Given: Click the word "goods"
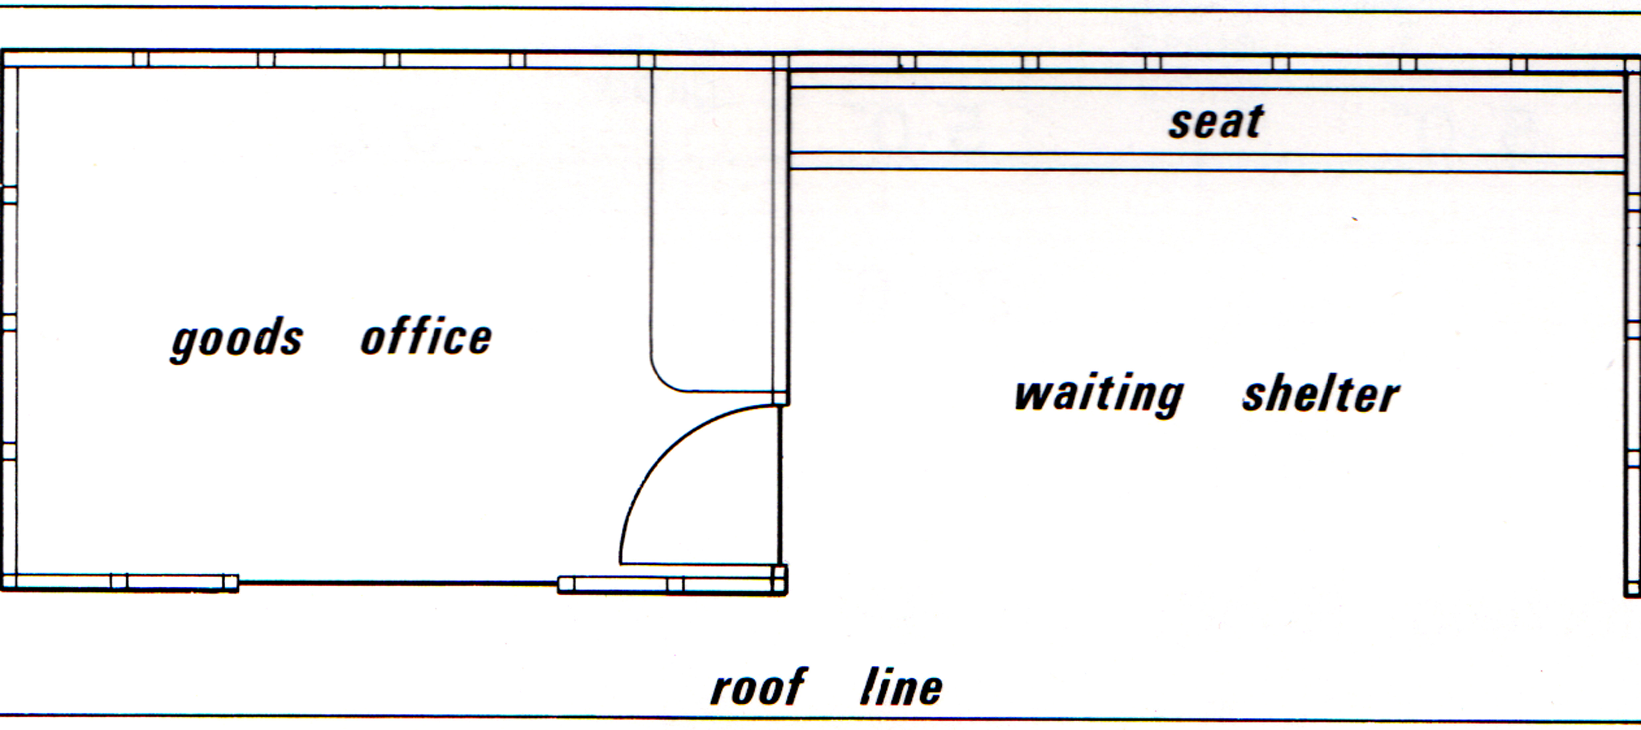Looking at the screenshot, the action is (x=237, y=340).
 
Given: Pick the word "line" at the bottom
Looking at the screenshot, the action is (x=901, y=687).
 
